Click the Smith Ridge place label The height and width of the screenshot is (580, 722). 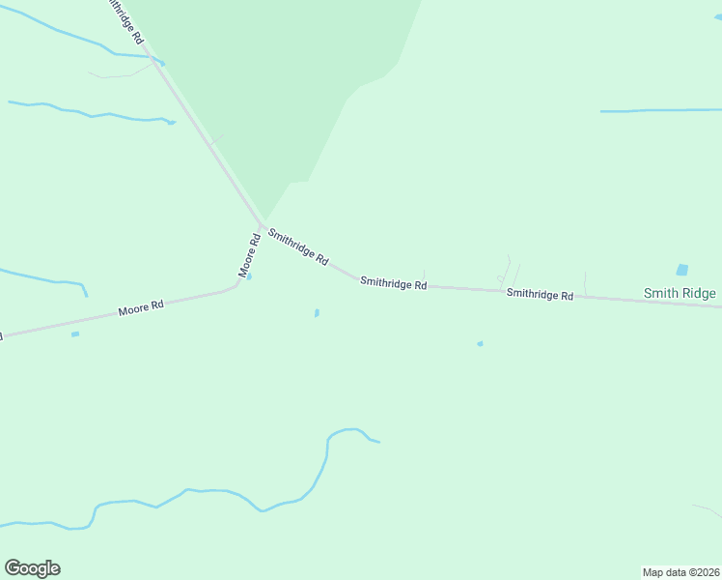click(680, 293)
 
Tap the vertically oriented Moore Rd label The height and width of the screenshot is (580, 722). click(249, 255)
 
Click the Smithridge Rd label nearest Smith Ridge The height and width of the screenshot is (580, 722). click(540, 294)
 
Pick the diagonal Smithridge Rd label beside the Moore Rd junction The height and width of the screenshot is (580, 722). click(298, 247)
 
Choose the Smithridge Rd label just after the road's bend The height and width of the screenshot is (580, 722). click(393, 284)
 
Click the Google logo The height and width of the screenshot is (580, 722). click(32, 568)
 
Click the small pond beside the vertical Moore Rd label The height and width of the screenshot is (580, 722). click(249, 277)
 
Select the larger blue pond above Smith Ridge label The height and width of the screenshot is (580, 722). click(682, 270)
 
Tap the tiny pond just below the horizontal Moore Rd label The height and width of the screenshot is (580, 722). click(75, 334)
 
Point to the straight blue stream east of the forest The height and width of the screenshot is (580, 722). click(660, 110)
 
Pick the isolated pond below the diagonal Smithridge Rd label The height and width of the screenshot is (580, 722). click(317, 312)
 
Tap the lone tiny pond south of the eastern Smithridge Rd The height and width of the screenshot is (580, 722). click(480, 343)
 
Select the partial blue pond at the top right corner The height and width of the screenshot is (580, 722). click(718, 16)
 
